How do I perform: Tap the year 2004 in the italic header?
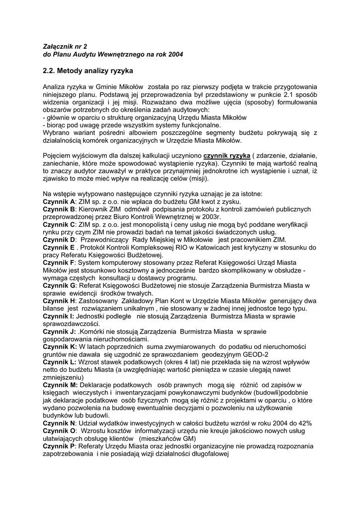coord(174,54)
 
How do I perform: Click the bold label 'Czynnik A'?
coord(59,201)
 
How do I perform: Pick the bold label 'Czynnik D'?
coord(59,239)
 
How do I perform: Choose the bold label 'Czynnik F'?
coord(59,262)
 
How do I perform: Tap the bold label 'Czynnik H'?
coord(59,300)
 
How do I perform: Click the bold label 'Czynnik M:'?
coord(60,384)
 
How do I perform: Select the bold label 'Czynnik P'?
coord(59,445)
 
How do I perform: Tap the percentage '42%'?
coord(305,423)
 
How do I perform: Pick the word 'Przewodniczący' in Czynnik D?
coord(104,239)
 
